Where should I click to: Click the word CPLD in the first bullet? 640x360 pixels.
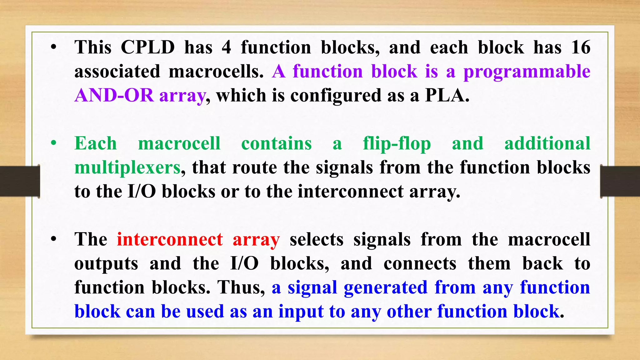coord(147,47)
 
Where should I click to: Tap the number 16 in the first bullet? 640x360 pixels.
coord(581,47)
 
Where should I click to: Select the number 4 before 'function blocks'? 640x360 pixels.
coord(227,47)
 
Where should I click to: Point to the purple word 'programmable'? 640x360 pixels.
coord(527,72)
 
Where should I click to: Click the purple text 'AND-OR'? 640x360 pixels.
coord(114,95)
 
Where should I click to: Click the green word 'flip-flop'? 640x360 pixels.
coord(397,144)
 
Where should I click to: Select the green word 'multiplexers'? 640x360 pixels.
coord(127,168)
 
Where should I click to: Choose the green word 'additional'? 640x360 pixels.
coord(547,143)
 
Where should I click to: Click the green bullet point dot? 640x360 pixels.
coord(54,143)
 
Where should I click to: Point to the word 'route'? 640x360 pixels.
coord(254,167)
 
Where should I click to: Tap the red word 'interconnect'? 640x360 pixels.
coord(170,240)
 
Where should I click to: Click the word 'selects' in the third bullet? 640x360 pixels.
coord(317,240)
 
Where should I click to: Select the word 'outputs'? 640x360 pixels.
coord(106,264)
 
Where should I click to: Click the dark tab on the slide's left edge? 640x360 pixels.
coord(20,181)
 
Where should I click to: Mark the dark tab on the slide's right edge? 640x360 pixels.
coord(620,181)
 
